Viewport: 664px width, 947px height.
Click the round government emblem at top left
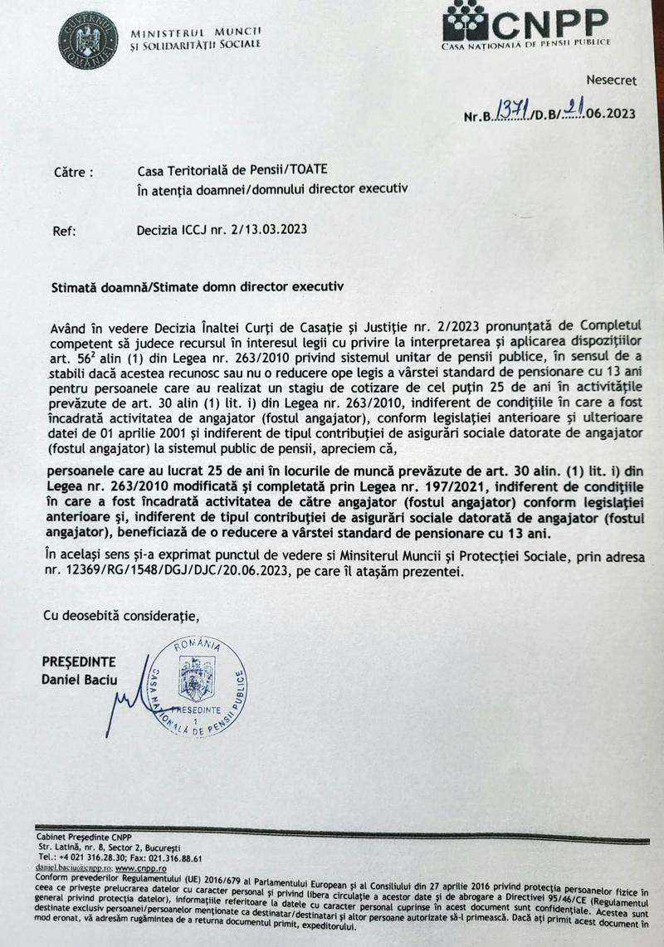click(87, 39)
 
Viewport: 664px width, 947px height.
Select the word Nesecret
click(611, 81)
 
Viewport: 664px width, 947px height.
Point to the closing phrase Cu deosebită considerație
click(121, 616)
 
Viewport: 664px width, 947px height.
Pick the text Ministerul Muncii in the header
click(196, 32)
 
